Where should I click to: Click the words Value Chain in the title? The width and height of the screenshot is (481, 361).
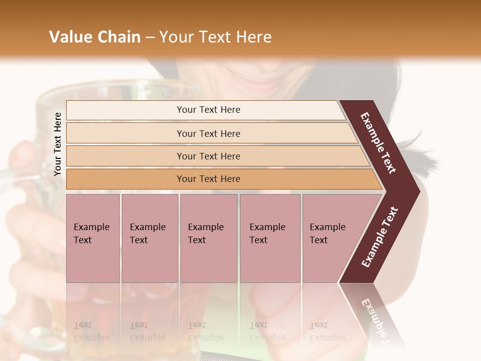95,37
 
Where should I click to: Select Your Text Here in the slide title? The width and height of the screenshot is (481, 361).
215,37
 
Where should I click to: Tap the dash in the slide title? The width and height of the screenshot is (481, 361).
150,38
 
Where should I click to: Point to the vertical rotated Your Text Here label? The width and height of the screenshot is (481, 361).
58,144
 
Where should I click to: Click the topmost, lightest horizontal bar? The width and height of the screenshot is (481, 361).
208,110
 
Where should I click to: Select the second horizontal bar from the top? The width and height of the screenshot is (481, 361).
208,133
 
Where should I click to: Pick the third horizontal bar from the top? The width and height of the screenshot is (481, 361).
208,156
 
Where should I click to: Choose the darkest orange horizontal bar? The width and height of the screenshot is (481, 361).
208,179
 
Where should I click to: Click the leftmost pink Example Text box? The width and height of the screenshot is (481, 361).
93,239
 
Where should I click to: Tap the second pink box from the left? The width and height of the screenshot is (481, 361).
149,239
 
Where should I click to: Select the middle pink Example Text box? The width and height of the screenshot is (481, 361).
208,239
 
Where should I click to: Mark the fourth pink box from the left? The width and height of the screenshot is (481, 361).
270,239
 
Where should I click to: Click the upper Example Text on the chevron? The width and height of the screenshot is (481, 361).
379,143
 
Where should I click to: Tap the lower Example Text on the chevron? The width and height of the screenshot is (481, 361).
380,237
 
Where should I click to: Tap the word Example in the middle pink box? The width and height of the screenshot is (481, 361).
205,227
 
